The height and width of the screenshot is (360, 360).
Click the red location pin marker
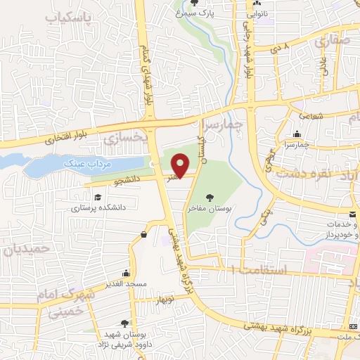180,165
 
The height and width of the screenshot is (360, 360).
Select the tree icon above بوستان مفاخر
209,197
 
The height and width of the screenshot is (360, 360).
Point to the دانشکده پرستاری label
98,208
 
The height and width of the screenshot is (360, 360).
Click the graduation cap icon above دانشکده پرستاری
98,198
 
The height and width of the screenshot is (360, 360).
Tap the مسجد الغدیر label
127,284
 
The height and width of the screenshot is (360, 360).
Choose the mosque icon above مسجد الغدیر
126,273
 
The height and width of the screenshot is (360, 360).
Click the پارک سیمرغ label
215,13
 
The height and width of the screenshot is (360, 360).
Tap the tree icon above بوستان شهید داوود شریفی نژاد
124,323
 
